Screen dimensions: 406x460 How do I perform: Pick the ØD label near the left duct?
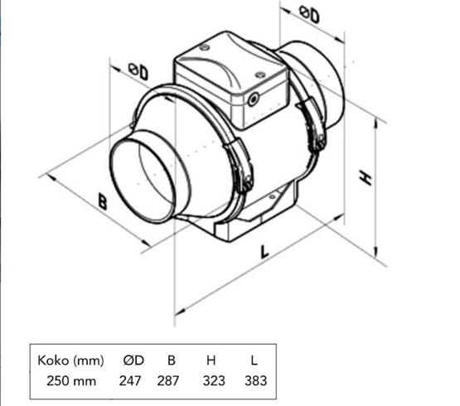(x=138, y=72)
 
